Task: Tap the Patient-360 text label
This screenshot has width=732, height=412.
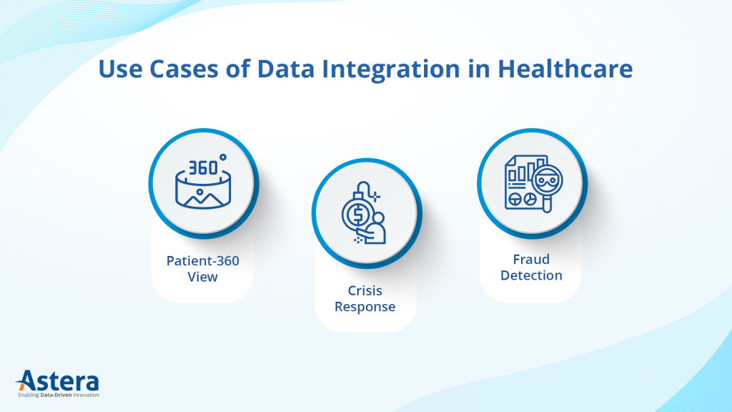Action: tap(203, 261)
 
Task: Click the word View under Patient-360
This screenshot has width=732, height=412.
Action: tap(203, 277)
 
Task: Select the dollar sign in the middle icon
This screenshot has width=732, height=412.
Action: tap(355, 214)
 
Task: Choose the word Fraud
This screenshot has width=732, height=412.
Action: tap(531, 260)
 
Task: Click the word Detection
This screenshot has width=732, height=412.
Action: tap(531, 275)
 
